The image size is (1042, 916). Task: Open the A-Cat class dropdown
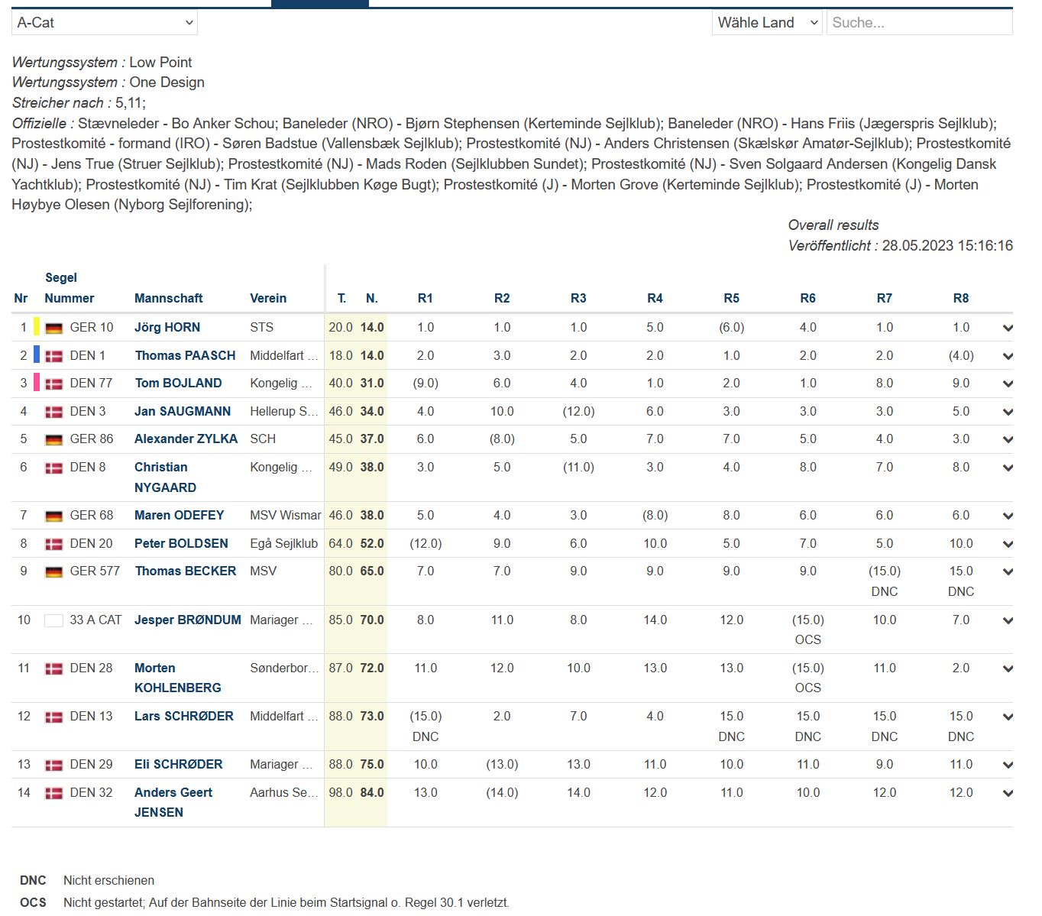pyautogui.click(x=104, y=23)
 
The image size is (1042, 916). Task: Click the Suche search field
pyautogui.click(x=919, y=23)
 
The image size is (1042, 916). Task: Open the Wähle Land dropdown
pyautogui.click(x=767, y=23)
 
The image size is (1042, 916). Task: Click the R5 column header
pyautogui.click(x=731, y=298)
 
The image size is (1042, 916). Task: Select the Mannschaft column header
pyautogui.click(x=169, y=298)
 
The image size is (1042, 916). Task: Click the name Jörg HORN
pyautogui.click(x=167, y=327)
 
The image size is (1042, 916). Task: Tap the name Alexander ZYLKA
pyautogui.click(x=186, y=439)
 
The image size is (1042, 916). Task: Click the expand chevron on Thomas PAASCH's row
pyautogui.click(x=1008, y=356)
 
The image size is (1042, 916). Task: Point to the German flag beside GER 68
pyautogui.click(x=53, y=516)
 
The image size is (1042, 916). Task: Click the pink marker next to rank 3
pyautogui.click(x=37, y=383)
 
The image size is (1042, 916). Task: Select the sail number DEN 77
pyautogui.click(x=91, y=383)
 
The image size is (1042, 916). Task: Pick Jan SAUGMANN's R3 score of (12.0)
pyautogui.click(x=578, y=411)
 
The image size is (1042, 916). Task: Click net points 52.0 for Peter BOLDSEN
pyautogui.click(x=372, y=543)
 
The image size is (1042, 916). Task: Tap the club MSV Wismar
pyautogui.click(x=285, y=515)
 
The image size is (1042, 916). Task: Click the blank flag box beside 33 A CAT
pyautogui.click(x=53, y=620)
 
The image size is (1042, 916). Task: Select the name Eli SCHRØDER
pyautogui.click(x=179, y=764)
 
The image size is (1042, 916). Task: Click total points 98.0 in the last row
pyautogui.click(x=341, y=792)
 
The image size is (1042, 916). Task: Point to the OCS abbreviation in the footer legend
pyautogui.click(x=33, y=902)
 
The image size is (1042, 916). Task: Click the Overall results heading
pyautogui.click(x=833, y=225)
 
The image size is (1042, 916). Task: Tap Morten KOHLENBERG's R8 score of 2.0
pyautogui.click(x=960, y=668)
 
